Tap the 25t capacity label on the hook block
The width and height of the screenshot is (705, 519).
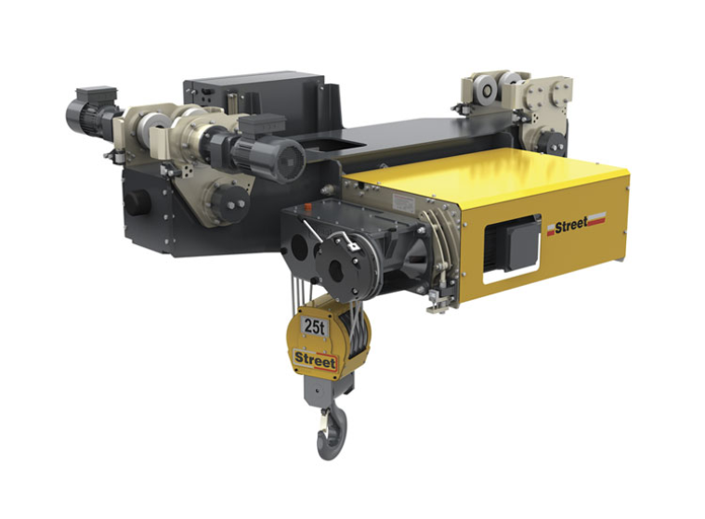click(x=315, y=327)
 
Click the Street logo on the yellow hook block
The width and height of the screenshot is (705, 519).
click(x=315, y=361)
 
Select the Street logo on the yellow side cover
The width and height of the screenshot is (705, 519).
click(x=576, y=225)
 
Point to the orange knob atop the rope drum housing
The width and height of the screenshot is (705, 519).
click(x=308, y=208)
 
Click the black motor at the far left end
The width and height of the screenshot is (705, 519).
click(x=88, y=113)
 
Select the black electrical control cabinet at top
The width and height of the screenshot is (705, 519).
click(x=255, y=98)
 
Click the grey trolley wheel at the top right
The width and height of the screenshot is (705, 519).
click(x=488, y=90)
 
